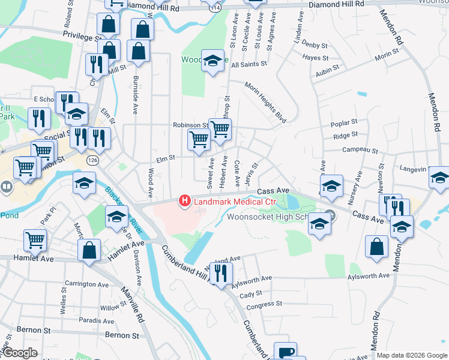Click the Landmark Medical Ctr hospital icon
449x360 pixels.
coord(185,200)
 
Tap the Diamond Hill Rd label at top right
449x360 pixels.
coord(337,4)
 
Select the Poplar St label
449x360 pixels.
coord(344,124)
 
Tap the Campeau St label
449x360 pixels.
coord(360,151)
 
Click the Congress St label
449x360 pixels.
coord(259,305)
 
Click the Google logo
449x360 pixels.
coord(19,353)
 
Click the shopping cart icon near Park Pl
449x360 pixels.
coord(35,240)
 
